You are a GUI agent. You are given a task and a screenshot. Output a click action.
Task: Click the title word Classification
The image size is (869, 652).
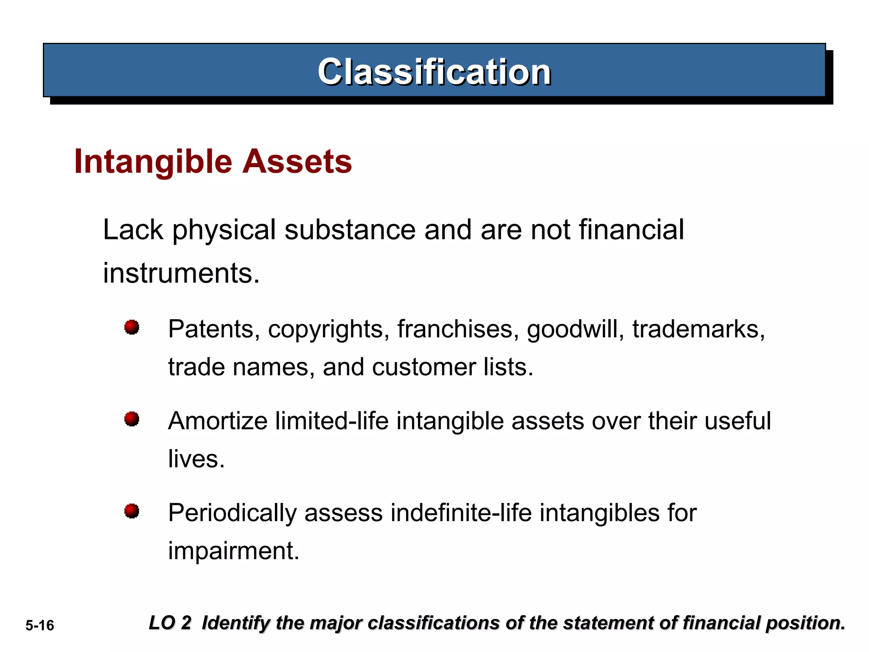point(434,72)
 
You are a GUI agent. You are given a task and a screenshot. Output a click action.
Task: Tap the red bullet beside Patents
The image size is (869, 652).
point(132,327)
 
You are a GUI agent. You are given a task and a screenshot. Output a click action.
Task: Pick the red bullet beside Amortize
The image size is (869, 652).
point(132,419)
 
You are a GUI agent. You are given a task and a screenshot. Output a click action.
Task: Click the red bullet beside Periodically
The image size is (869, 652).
point(132,511)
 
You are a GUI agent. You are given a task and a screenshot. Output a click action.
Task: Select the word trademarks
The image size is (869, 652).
point(698,329)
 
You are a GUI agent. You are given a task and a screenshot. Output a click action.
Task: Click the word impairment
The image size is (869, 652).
point(233,551)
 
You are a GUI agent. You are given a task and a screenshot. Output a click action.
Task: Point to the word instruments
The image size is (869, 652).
point(181,273)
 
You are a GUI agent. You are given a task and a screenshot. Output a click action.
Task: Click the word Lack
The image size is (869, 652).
point(133,230)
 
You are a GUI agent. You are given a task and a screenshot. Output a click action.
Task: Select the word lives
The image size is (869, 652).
point(196,459)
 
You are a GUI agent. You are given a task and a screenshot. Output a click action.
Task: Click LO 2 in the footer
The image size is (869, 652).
point(170,623)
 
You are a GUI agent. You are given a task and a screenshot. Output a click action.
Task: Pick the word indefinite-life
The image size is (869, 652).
point(461,513)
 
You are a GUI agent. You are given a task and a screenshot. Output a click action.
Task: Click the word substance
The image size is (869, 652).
point(350,230)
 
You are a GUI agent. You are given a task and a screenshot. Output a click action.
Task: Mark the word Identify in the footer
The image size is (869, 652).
point(235,623)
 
